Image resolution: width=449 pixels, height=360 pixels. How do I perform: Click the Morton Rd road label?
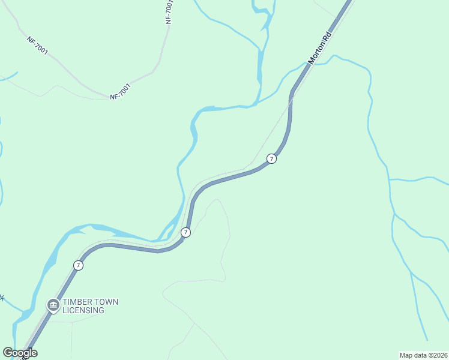319,49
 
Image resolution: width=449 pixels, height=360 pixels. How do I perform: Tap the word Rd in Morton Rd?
327,38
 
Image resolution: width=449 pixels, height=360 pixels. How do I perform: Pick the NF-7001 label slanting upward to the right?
120,91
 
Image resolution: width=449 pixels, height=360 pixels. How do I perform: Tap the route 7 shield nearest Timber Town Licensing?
78,265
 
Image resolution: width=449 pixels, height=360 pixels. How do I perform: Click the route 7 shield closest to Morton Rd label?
271,158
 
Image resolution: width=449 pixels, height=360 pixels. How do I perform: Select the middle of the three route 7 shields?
186,232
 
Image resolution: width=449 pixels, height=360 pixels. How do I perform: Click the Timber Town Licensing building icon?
53,306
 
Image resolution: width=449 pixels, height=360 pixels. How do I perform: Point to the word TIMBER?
78,302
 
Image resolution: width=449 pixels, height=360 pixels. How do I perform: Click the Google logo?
20,353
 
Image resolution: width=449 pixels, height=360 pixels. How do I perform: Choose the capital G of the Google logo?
8,353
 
